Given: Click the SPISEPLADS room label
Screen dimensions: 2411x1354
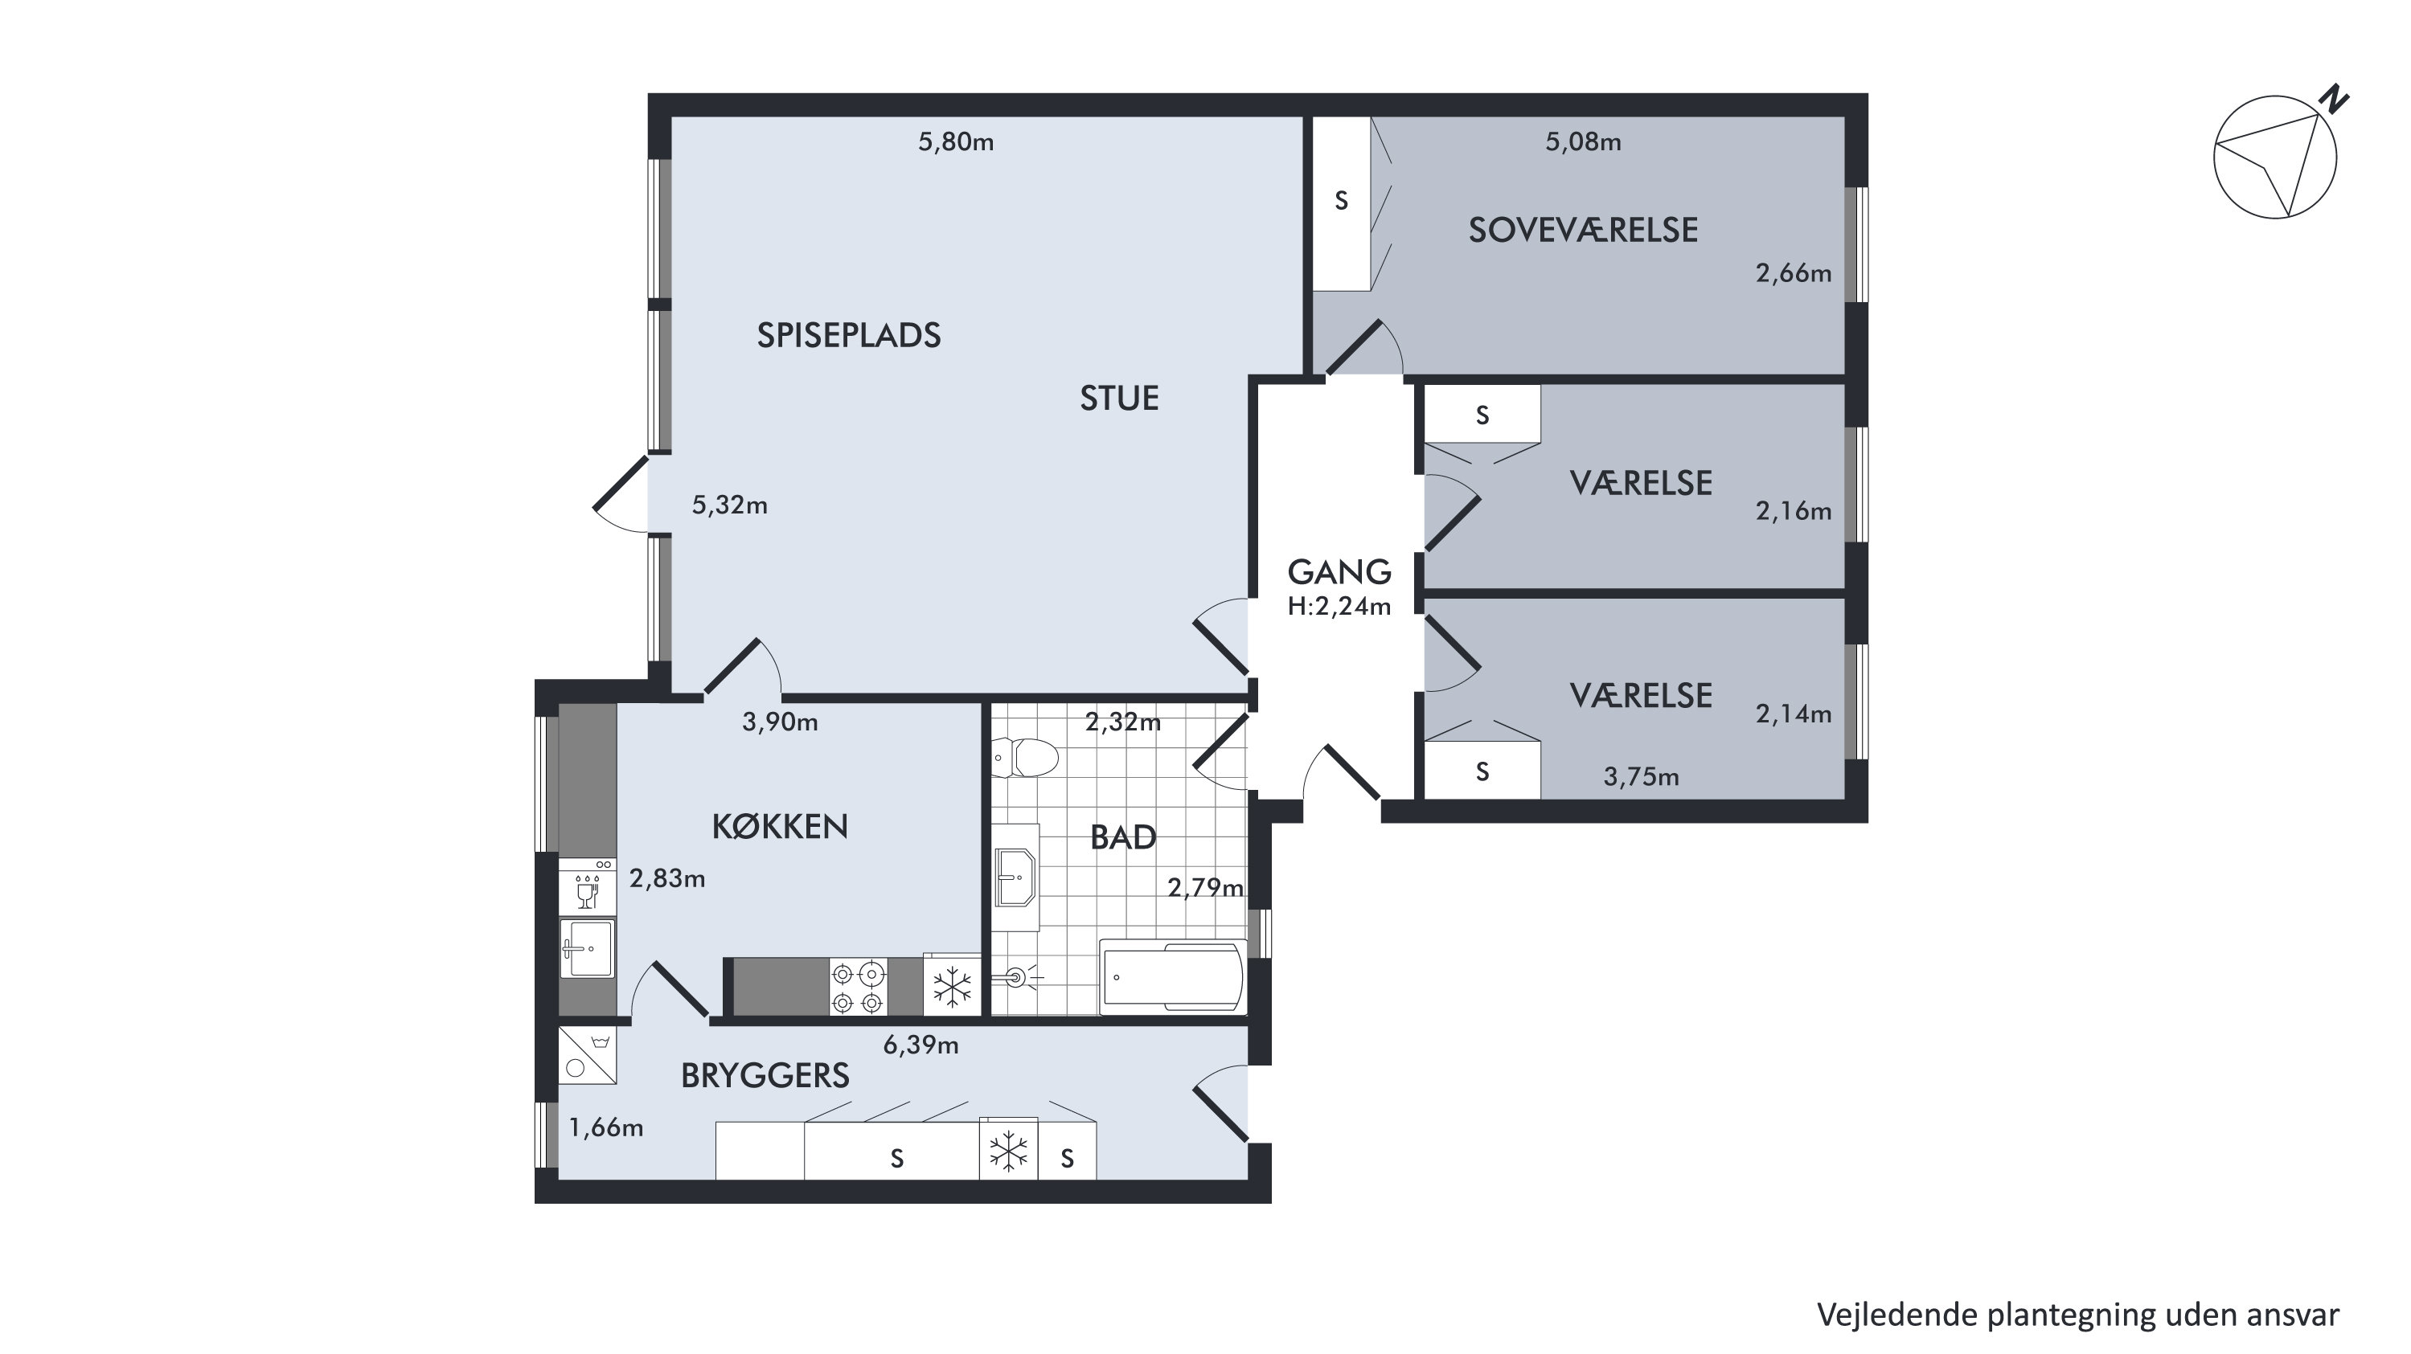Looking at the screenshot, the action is (x=849, y=335).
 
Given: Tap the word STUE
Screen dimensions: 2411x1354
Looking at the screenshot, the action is (x=1119, y=399).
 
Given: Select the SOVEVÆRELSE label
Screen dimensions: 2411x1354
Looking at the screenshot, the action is (x=1583, y=230).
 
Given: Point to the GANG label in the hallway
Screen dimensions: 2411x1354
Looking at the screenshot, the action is (x=1339, y=571).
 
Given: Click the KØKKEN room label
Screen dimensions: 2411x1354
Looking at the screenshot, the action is (x=780, y=826).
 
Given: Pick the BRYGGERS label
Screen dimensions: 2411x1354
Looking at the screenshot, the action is (x=765, y=1076).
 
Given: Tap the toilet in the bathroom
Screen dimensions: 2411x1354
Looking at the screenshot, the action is (x=1025, y=757).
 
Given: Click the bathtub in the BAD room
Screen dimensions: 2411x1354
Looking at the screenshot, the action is (x=1173, y=977).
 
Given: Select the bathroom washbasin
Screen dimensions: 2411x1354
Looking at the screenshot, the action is (x=1015, y=877).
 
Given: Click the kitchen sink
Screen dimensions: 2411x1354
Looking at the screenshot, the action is (x=587, y=948).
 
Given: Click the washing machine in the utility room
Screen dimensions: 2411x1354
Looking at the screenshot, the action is (x=587, y=1056).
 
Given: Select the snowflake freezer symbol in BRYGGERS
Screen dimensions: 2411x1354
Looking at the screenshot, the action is (x=1009, y=1151).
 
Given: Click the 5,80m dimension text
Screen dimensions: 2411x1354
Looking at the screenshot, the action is (x=956, y=142).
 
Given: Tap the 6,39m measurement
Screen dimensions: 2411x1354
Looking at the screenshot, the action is (x=921, y=1045).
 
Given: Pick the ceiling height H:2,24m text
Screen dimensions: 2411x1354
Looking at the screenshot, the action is (x=1339, y=607).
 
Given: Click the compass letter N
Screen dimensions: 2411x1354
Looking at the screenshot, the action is (x=2336, y=99).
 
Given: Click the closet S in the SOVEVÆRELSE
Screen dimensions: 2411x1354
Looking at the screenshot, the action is (x=1341, y=200).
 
